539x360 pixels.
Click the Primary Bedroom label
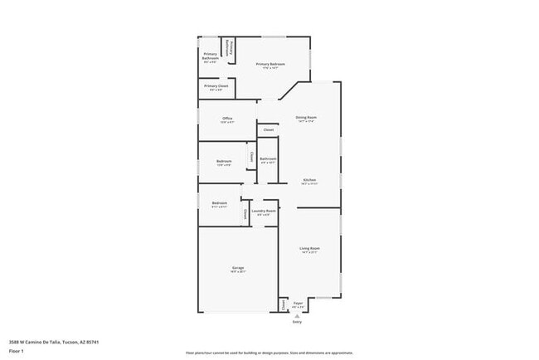click(x=270, y=64)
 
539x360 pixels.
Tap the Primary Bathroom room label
click(x=211, y=56)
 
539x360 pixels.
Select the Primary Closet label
click(x=216, y=85)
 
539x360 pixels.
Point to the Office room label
click(x=227, y=119)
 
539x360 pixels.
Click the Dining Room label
click(x=306, y=118)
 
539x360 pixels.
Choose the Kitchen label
click(x=308, y=180)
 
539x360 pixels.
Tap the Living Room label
click(x=309, y=248)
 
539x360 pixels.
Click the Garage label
click(x=238, y=268)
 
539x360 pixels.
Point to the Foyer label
click(x=298, y=304)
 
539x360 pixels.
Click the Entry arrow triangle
click(x=298, y=315)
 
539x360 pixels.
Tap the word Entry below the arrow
click(x=298, y=322)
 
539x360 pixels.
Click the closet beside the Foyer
click(x=284, y=305)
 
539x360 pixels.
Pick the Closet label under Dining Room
click(x=268, y=129)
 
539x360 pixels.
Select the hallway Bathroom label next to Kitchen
click(x=268, y=158)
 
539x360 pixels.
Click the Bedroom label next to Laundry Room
click(x=219, y=203)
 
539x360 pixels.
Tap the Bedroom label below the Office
click(x=224, y=161)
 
